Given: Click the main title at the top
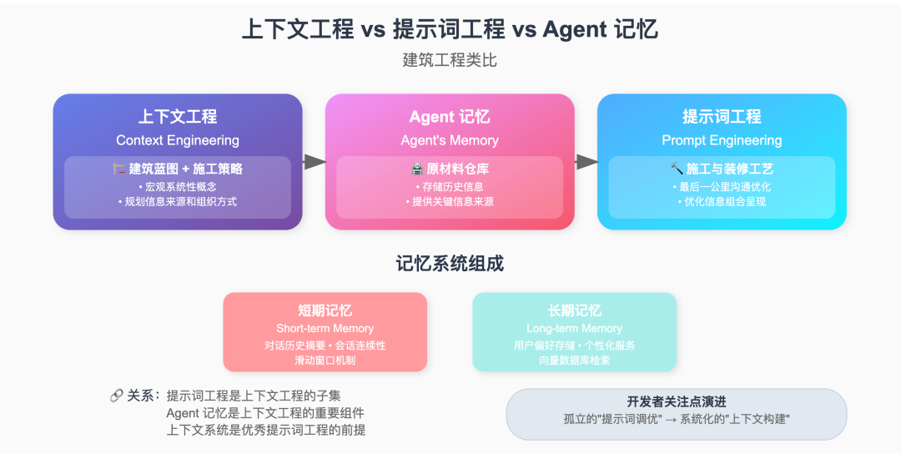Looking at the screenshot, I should click(450, 28).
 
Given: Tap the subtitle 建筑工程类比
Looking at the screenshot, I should click(450, 60).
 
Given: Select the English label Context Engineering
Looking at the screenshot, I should click(178, 140).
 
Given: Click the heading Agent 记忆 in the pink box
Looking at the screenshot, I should click(450, 117).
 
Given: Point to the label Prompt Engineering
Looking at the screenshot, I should click(722, 140).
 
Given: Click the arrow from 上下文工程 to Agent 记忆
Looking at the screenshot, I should click(314, 162).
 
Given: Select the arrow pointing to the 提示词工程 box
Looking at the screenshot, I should click(586, 162).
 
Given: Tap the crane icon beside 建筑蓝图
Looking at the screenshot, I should click(118, 169).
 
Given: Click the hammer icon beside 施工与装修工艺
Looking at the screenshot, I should click(677, 169).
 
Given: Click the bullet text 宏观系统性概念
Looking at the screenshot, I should click(178, 186).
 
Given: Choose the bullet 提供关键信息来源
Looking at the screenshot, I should click(450, 201).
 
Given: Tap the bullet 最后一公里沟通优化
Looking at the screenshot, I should click(722, 186).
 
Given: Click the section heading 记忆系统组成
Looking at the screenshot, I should click(450, 264).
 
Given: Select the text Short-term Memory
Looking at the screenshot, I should click(325, 329).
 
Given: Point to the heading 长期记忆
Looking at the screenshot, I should click(574, 310).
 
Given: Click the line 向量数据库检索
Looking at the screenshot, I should click(574, 360).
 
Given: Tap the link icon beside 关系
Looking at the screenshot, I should click(116, 396).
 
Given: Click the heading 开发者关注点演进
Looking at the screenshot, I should click(677, 401).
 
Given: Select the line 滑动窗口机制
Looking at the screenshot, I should click(325, 360).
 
